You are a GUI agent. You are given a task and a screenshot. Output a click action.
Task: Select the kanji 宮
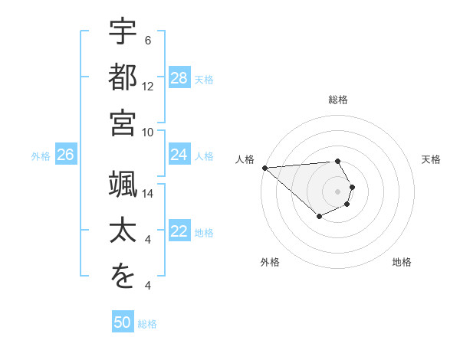point(123,123)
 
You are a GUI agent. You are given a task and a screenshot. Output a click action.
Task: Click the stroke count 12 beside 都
point(148,87)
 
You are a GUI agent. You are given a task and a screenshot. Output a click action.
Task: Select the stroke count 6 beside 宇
point(148,41)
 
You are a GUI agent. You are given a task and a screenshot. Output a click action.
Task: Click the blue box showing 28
point(179,78)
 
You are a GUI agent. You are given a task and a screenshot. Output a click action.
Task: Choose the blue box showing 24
point(179,155)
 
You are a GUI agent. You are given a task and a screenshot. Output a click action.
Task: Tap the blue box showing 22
point(179,232)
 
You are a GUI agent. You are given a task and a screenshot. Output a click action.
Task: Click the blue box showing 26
point(66,155)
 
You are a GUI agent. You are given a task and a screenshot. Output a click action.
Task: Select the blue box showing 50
point(123,323)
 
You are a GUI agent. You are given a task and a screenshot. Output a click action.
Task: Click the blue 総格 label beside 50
point(147,324)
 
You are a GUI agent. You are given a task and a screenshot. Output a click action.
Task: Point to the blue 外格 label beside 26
point(41,156)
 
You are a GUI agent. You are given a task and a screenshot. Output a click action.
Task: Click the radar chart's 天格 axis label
point(431,159)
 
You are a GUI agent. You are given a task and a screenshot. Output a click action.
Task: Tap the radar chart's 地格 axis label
point(402,262)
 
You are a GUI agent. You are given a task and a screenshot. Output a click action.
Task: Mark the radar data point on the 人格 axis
point(264,168)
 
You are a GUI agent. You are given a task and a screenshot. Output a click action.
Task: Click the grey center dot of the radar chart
point(337,191)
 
